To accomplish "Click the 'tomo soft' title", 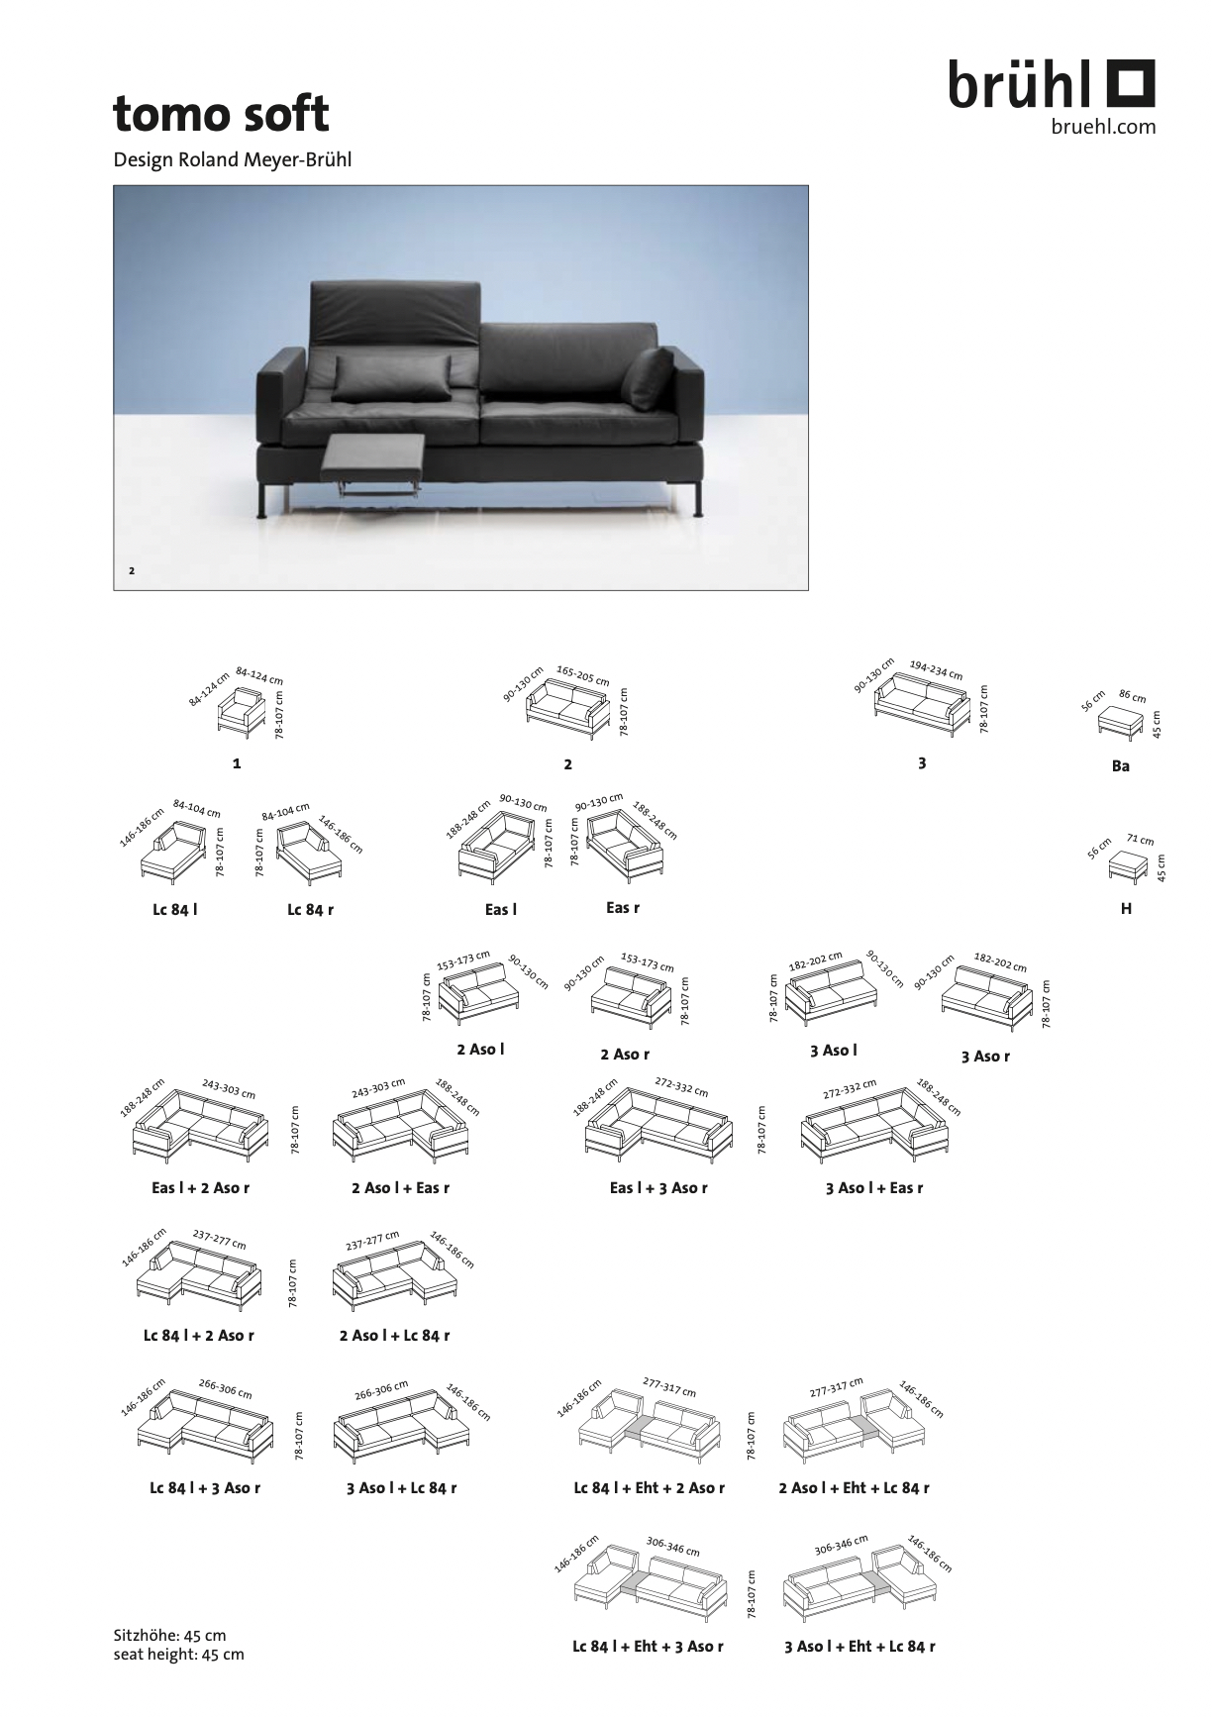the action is (220, 114).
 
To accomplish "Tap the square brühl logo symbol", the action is (1129, 83).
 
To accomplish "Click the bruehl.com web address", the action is (1102, 127).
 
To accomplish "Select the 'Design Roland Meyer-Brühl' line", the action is (233, 158).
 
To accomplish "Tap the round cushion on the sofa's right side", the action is (648, 377).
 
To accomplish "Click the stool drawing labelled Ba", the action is (1120, 721).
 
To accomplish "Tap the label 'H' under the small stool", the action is (1126, 908).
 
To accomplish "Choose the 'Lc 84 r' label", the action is (311, 909).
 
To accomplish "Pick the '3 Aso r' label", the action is (985, 1056).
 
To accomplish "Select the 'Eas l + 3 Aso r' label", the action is (658, 1187).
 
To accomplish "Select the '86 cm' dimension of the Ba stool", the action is (1132, 696).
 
